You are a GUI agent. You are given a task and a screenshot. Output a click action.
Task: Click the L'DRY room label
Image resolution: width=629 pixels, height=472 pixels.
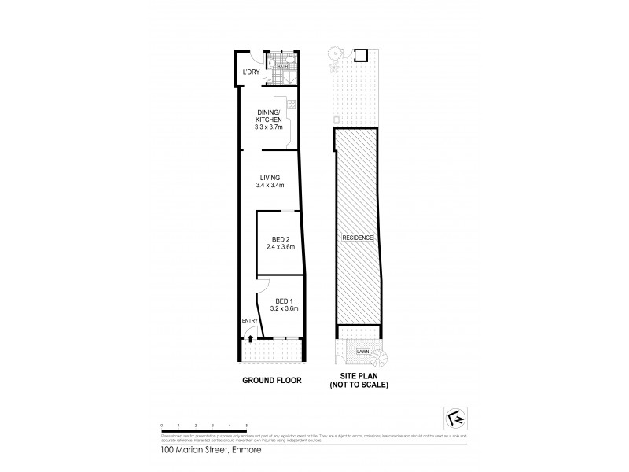pyautogui.click(x=251, y=73)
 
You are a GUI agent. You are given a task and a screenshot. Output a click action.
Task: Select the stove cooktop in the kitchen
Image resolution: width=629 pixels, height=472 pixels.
pyautogui.click(x=291, y=105)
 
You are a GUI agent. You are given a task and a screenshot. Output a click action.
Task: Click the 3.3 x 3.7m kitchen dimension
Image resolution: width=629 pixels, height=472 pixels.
pyautogui.click(x=269, y=127)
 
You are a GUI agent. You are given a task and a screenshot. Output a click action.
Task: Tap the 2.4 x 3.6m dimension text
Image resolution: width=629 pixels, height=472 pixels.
pyautogui.click(x=280, y=247)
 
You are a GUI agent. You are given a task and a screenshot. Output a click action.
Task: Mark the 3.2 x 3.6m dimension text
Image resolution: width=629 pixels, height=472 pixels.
pyautogui.click(x=283, y=308)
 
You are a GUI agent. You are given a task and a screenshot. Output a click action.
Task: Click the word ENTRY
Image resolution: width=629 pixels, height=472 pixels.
pyautogui.click(x=249, y=320)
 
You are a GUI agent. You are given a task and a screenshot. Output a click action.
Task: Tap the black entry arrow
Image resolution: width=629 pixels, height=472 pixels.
pyautogui.click(x=250, y=339)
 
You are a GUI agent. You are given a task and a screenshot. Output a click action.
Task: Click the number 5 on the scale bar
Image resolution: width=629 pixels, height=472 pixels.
pyautogui.click(x=247, y=425)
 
